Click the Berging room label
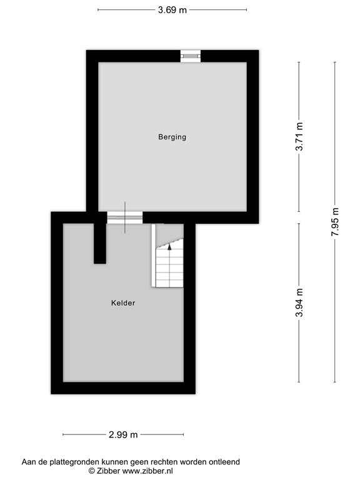tap(172, 137)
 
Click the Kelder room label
tap(123, 303)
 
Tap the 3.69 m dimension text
tap(172, 9)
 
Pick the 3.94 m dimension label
tap(300, 303)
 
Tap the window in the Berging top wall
tap(191, 56)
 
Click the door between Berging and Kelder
tap(125, 217)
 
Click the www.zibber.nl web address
tap(147, 471)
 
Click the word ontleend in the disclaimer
tap(224, 462)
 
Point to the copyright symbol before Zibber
tap(91, 471)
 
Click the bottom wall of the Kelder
tap(123, 387)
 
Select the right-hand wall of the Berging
tap(252, 137)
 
